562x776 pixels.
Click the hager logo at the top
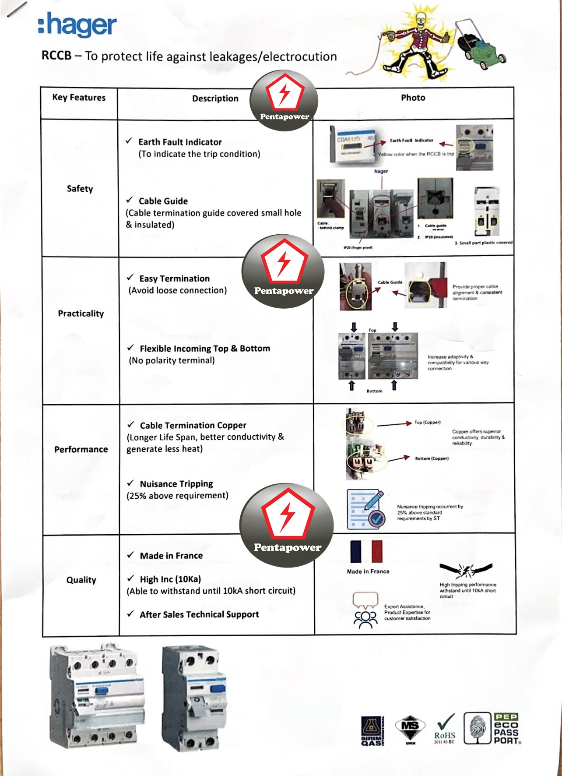(77, 25)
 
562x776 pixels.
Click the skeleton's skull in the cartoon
(420, 18)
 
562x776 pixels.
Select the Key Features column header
(79, 97)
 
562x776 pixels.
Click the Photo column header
(413, 98)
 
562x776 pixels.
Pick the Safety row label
(80, 189)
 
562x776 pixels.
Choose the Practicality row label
(81, 314)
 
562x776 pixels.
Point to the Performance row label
(81, 449)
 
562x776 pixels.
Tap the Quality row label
(81, 580)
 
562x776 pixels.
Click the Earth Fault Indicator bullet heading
(180, 142)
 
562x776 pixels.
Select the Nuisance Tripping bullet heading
(176, 484)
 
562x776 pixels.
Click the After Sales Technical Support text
(199, 614)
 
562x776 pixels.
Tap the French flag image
(366, 551)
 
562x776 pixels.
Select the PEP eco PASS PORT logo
(506, 729)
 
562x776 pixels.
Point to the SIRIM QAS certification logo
(372, 730)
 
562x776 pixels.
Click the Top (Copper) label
(427, 423)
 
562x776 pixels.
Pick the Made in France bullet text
(171, 556)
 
